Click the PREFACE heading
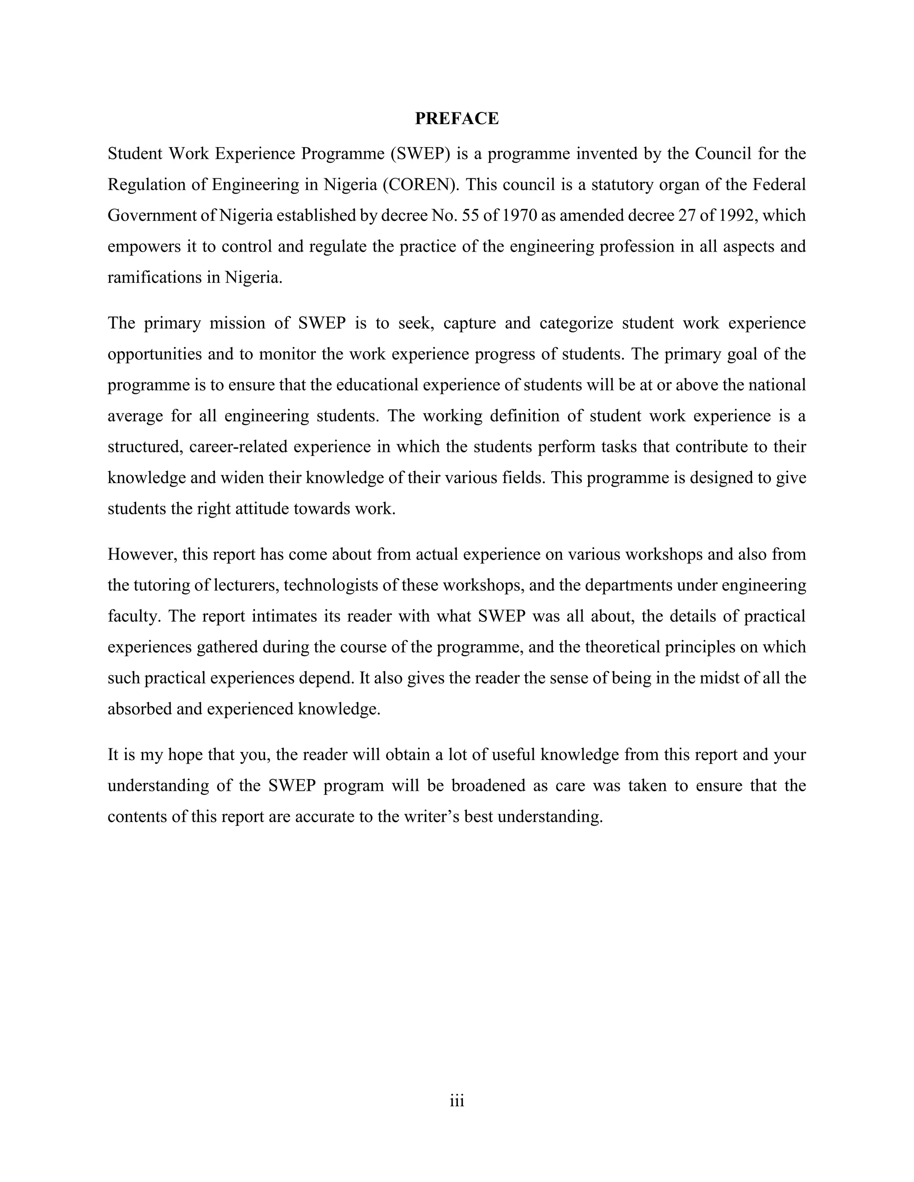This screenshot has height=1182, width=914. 457,119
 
